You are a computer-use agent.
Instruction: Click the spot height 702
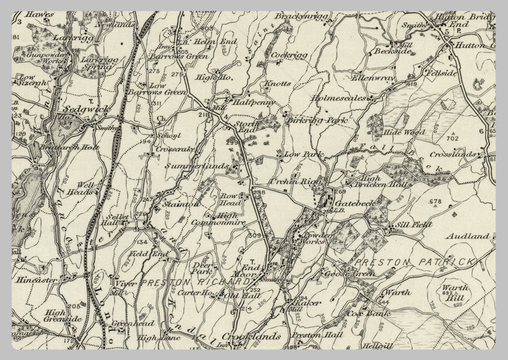coord(453,138)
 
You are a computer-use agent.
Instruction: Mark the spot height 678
coord(435,202)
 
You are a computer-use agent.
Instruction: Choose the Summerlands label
coord(196,166)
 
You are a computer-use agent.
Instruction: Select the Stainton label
coord(180,204)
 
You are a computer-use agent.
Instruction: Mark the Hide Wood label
coord(404,133)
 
